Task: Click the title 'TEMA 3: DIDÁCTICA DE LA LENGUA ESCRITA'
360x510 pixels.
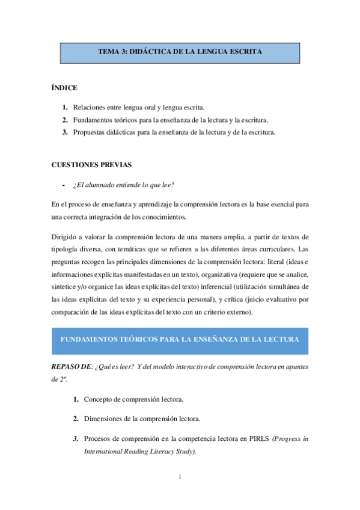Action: (x=180, y=52)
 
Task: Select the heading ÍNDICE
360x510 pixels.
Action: (x=64, y=88)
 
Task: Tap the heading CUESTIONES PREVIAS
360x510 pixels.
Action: (x=91, y=165)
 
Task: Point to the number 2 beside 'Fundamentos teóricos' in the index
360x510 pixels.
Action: (x=64, y=120)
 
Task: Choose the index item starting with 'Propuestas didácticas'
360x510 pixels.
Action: (x=174, y=132)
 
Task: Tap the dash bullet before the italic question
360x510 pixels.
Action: (x=64, y=185)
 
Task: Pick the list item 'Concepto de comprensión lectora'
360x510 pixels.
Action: (x=133, y=399)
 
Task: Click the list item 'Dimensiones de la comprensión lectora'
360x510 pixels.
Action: (x=142, y=419)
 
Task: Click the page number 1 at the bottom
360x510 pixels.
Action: (x=180, y=478)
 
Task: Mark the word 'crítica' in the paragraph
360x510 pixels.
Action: (x=236, y=298)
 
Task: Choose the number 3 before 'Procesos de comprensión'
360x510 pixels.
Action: (x=76, y=438)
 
